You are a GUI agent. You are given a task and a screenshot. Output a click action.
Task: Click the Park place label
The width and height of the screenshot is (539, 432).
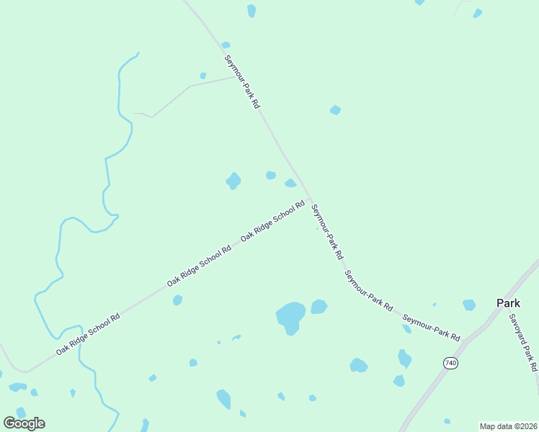[508, 303]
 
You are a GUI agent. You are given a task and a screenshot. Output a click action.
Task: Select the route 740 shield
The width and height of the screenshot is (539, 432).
[451, 363]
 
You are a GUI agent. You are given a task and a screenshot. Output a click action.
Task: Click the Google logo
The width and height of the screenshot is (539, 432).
[24, 423]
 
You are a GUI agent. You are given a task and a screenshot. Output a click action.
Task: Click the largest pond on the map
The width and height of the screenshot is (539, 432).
[290, 317]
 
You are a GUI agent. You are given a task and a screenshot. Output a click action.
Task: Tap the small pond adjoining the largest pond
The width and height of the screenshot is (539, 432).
[318, 307]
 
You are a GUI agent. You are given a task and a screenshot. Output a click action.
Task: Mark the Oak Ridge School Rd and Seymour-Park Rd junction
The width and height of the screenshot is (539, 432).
[309, 199]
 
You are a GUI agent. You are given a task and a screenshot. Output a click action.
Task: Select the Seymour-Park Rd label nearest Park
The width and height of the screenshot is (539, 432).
[431, 327]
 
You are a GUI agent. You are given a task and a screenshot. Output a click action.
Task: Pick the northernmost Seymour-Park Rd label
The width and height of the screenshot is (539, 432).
[241, 81]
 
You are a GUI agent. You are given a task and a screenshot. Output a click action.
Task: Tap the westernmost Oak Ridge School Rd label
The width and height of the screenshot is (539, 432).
[87, 335]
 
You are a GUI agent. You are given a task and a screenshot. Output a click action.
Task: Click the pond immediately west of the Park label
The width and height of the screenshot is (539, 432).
[469, 305]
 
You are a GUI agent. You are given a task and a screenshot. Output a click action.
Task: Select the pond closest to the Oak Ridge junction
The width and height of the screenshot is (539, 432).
[290, 183]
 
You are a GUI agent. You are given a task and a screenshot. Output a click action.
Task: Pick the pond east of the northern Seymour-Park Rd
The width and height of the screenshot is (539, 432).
[335, 110]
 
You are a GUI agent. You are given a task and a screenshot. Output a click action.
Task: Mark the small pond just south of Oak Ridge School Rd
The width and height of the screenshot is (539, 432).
[177, 300]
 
